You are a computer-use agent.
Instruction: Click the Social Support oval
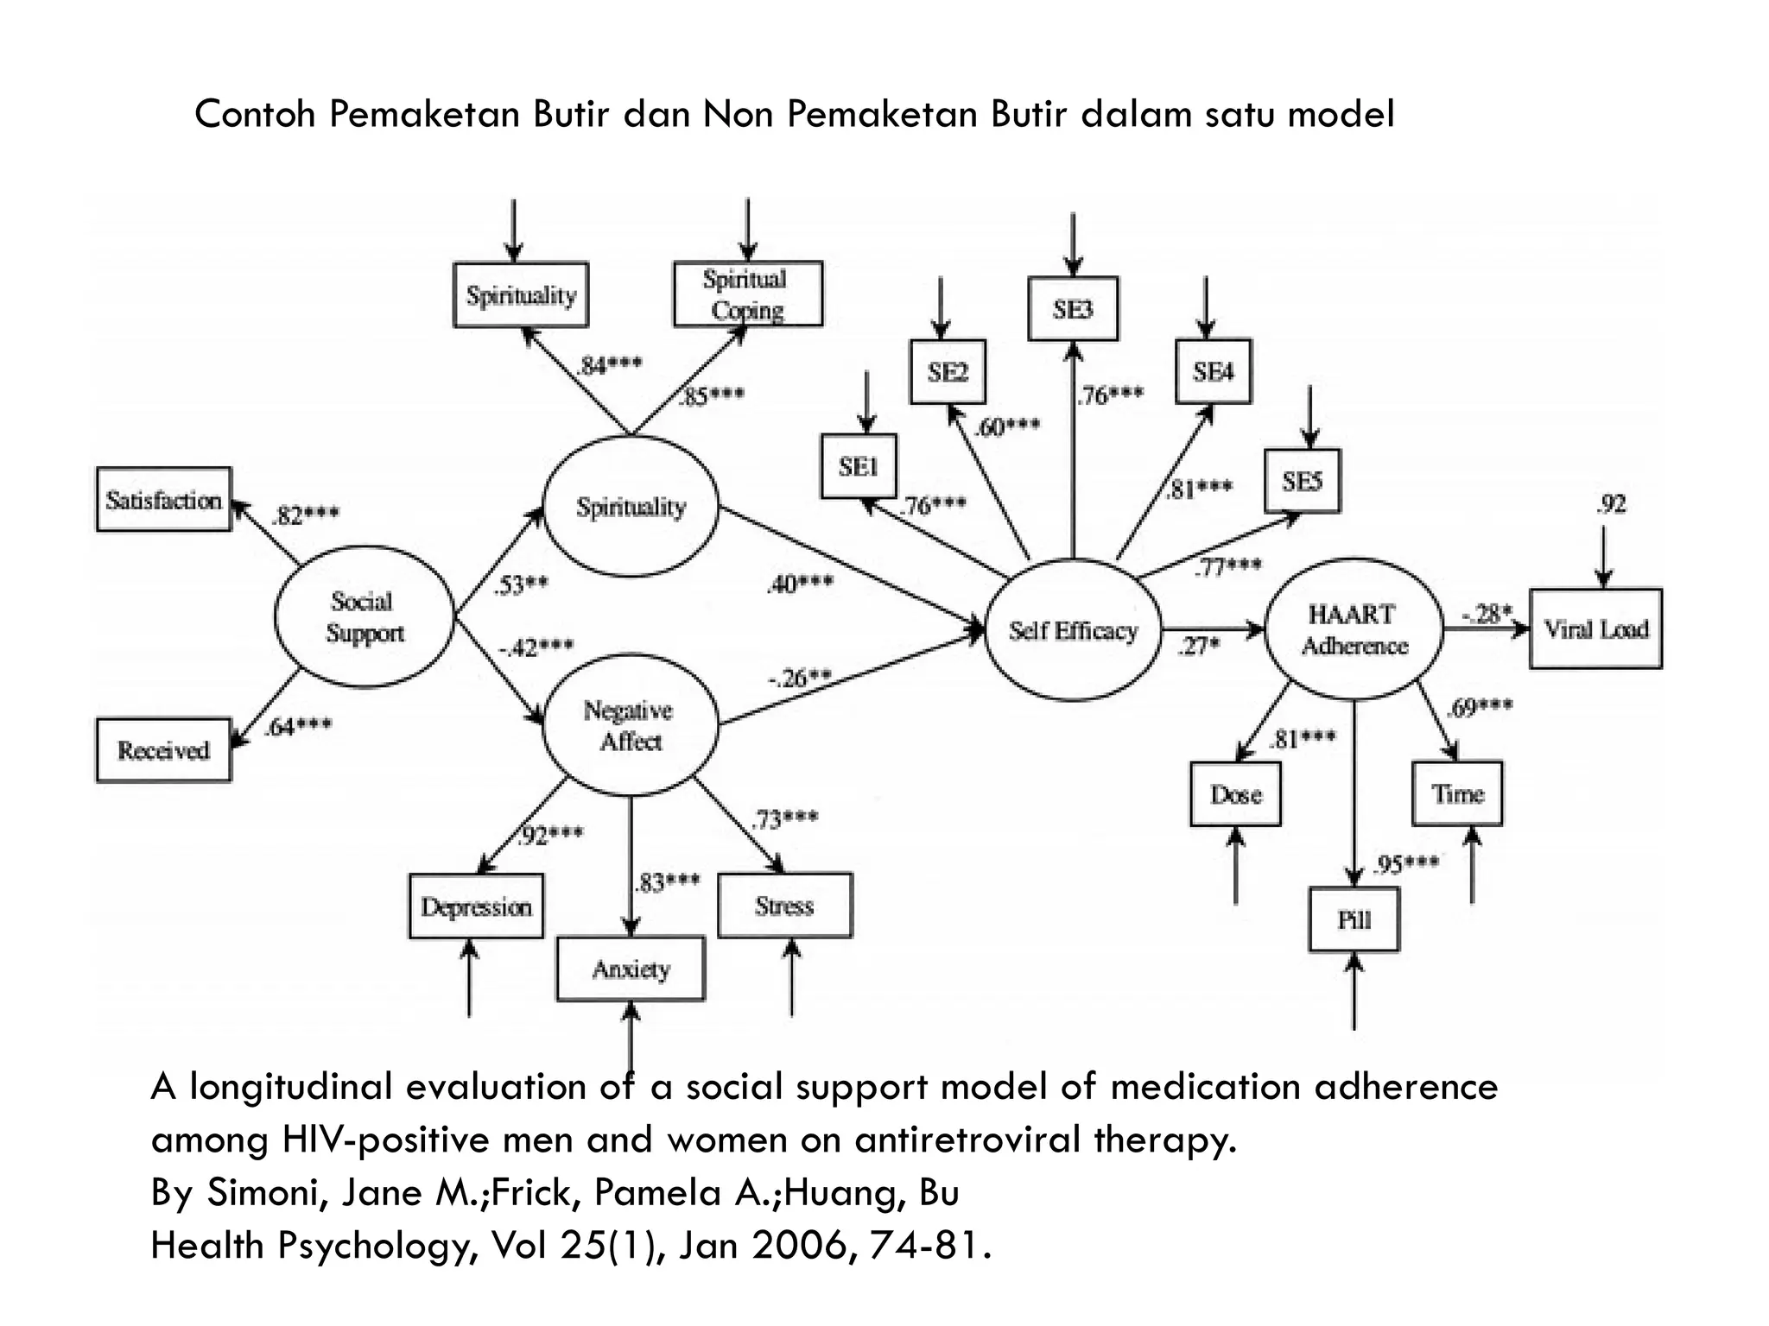(x=365, y=616)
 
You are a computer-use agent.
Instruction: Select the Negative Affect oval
(x=631, y=725)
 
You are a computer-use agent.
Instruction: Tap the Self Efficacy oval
(x=1073, y=630)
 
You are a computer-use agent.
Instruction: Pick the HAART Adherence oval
(x=1354, y=629)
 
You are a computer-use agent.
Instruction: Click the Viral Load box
(x=1595, y=628)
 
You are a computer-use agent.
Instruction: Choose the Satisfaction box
(x=164, y=500)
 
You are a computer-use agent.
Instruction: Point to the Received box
(x=163, y=750)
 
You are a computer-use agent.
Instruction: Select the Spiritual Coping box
(x=747, y=294)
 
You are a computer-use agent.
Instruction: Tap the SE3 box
(x=1073, y=308)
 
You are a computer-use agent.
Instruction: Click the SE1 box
(x=859, y=466)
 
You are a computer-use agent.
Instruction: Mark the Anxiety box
(x=631, y=969)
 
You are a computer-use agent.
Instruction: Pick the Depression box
(x=476, y=906)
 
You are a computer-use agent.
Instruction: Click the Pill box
(x=1354, y=919)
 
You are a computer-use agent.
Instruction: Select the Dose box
(x=1235, y=794)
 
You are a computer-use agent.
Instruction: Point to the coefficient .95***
(x=1405, y=864)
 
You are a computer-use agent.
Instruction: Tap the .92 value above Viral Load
(x=1611, y=504)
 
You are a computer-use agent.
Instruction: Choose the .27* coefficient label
(x=1199, y=646)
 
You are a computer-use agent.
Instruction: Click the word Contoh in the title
(x=255, y=114)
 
